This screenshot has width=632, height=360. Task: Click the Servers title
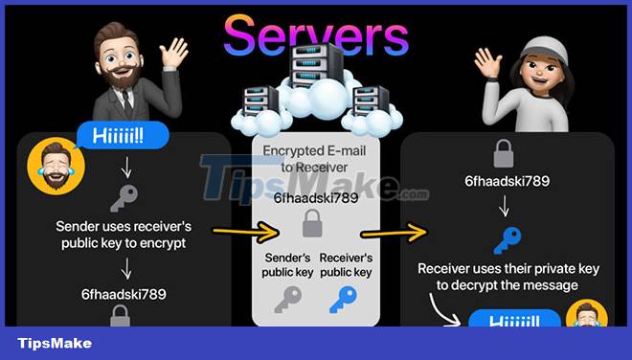[315, 35]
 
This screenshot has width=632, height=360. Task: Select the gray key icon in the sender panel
[123, 197]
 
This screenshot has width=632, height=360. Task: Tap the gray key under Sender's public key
[286, 300]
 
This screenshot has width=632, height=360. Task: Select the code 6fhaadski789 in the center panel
[315, 198]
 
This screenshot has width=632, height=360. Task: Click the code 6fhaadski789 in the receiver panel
[506, 182]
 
